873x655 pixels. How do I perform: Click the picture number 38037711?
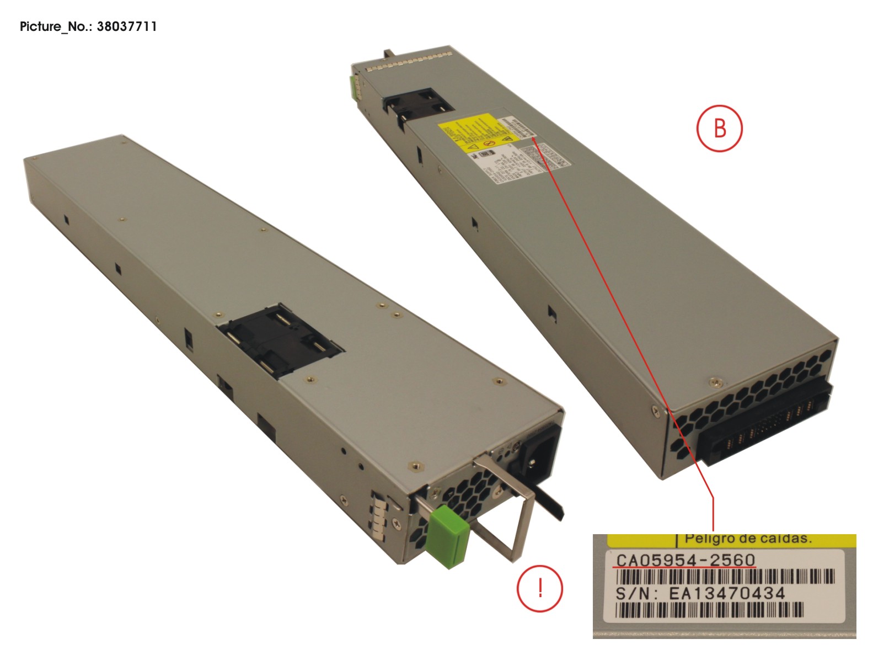tap(126, 26)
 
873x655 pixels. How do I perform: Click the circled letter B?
tap(720, 128)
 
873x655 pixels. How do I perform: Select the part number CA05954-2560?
tap(685, 560)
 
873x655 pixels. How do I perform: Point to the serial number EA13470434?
tap(727, 594)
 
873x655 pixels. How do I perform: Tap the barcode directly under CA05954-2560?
tap(724, 577)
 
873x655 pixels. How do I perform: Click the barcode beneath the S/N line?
tap(709, 610)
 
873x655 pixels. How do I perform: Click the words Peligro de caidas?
tap(748, 539)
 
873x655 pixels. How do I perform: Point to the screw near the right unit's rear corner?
tap(715, 380)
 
